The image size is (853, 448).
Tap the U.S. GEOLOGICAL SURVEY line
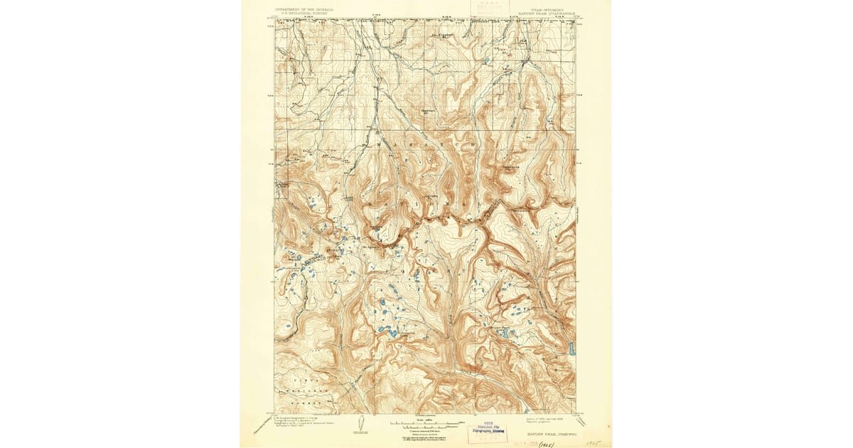point(304,15)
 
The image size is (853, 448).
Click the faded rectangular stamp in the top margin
point(490,8)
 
